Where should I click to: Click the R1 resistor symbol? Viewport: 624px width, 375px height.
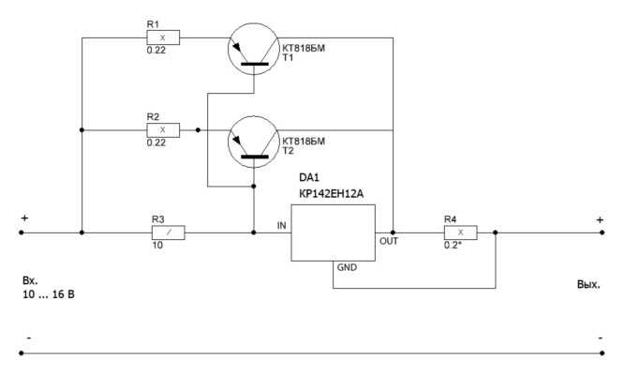click(163, 37)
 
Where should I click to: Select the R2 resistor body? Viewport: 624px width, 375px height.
click(163, 130)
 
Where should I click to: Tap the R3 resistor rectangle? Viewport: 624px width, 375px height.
click(169, 232)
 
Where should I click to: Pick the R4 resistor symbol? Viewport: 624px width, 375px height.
click(460, 232)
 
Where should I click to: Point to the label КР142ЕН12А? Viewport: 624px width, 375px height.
click(331, 194)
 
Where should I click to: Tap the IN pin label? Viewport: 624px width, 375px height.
click(281, 226)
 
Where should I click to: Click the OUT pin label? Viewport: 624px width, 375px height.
click(389, 241)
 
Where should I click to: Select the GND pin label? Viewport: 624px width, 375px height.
click(347, 267)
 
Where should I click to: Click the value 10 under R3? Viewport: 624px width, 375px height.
click(157, 246)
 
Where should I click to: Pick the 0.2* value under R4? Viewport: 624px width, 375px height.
click(453, 246)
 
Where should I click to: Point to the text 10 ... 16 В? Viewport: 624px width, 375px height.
click(49, 294)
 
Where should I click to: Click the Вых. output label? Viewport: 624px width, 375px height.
click(588, 285)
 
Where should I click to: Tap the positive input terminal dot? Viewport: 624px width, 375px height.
click(22, 232)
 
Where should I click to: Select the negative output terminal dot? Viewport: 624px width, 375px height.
click(602, 353)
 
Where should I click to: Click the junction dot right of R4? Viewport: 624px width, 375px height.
click(496, 232)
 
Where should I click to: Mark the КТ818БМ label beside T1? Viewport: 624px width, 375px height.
click(304, 48)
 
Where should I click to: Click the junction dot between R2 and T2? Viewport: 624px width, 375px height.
click(199, 130)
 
